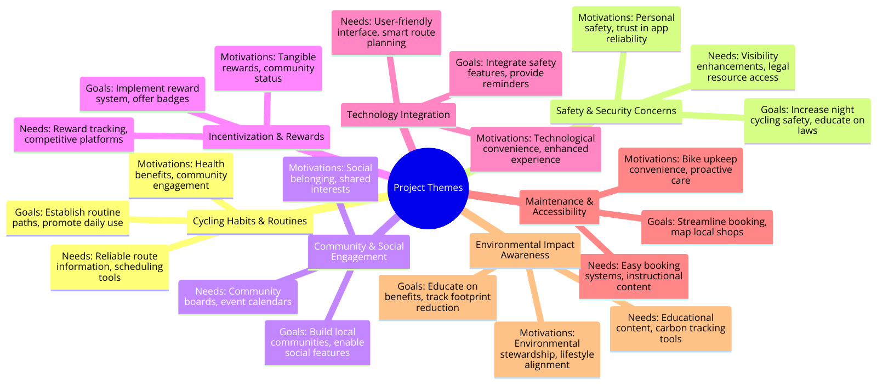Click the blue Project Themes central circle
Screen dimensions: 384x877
pos(428,188)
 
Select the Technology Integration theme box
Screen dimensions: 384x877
pos(398,115)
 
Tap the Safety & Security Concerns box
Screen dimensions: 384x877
pos(616,111)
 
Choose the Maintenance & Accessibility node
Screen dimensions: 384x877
pos(559,207)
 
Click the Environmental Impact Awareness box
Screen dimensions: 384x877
pos(525,250)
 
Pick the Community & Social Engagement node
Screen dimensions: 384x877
pos(358,252)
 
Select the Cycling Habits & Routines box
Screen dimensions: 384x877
pos(249,221)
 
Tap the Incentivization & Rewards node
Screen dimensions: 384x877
pos(266,137)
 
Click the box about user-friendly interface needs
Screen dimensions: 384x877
pos(386,32)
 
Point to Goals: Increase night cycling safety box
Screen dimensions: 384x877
pos(807,121)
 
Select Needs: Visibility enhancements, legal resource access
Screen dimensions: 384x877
pos(742,67)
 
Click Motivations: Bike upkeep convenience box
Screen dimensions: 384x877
pos(680,170)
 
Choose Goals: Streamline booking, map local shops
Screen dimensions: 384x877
pos(707,227)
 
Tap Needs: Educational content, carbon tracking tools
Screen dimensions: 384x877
pos(670,329)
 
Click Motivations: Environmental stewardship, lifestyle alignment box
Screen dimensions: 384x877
pos(546,349)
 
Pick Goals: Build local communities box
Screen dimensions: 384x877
pos(317,343)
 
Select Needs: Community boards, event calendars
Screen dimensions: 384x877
pos(237,297)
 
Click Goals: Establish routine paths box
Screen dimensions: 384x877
pos(67,218)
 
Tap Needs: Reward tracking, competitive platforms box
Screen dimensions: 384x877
pos(73,134)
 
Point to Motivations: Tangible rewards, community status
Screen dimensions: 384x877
pos(267,68)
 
